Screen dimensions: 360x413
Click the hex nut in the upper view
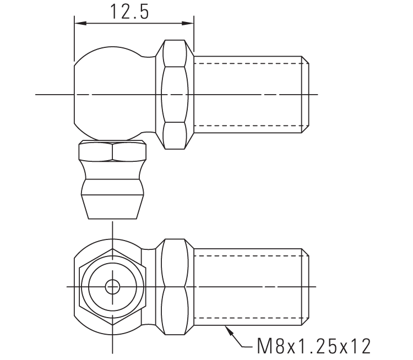click(x=175, y=95)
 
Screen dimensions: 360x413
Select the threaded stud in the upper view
click(x=248, y=95)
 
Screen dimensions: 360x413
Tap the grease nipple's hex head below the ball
click(x=113, y=151)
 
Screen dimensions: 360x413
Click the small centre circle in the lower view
click(x=113, y=287)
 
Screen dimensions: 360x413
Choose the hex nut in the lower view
click(x=175, y=287)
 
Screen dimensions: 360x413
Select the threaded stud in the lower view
click(x=248, y=287)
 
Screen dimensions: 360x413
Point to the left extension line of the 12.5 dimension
click(x=74, y=39)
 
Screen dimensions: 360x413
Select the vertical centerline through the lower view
click(x=113, y=341)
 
